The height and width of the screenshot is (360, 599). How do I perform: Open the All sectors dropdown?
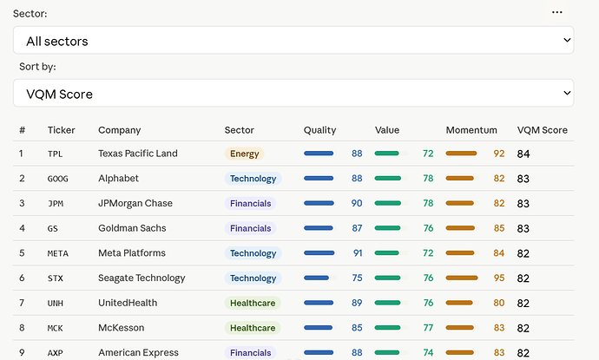tap(293, 40)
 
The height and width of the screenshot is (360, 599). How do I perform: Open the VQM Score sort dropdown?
tap(293, 93)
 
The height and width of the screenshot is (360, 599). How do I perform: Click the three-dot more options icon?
tap(557, 12)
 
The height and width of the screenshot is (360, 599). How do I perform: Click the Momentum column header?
tap(471, 130)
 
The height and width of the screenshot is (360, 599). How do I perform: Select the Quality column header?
tap(319, 130)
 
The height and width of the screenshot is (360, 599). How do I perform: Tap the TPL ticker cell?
tap(55, 154)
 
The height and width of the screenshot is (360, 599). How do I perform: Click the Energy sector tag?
tap(245, 154)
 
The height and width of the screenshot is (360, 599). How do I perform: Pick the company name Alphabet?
tap(118, 179)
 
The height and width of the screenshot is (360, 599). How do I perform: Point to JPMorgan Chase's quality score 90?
tap(357, 203)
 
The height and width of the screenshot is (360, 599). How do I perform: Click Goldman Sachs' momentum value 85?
tap(499, 228)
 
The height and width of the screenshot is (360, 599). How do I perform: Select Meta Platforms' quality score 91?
tap(358, 253)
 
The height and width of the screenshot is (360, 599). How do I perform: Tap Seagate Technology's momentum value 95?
tap(499, 278)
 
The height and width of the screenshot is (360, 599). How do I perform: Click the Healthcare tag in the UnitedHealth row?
tap(253, 303)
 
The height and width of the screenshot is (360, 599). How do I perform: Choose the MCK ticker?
tap(55, 328)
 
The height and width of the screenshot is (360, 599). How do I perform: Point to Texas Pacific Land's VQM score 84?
tap(523, 154)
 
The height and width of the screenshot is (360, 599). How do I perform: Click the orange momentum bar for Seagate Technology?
tap(462, 278)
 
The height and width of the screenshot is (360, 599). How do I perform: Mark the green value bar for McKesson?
tap(387, 328)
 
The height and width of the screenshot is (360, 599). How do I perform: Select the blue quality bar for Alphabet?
tap(319, 179)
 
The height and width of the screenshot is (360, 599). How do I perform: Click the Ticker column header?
tap(61, 130)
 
